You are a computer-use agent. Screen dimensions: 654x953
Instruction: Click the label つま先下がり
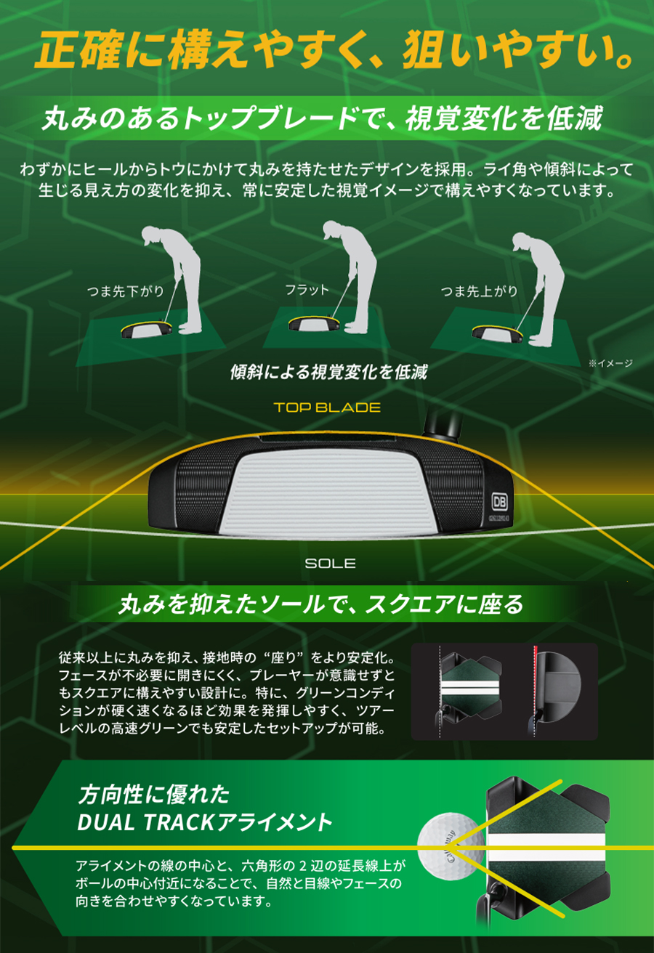pyautogui.click(x=126, y=291)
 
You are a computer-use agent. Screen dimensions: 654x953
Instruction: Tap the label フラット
pyautogui.click(x=307, y=290)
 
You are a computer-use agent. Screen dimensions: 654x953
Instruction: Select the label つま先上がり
pyautogui.click(x=479, y=291)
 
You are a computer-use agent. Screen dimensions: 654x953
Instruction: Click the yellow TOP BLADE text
pyautogui.click(x=327, y=407)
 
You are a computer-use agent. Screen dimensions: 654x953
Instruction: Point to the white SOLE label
pyautogui.click(x=330, y=563)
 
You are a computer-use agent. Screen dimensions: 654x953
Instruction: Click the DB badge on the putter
pyautogui.click(x=499, y=502)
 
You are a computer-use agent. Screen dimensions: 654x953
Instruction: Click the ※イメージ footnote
pyautogui.click(x=611, y=363)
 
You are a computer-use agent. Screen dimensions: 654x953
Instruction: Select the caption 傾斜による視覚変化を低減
pyautogui.click(x=328, y=372)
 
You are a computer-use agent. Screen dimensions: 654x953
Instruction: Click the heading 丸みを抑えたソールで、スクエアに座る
pyautogui.click(x=320, y=604)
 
